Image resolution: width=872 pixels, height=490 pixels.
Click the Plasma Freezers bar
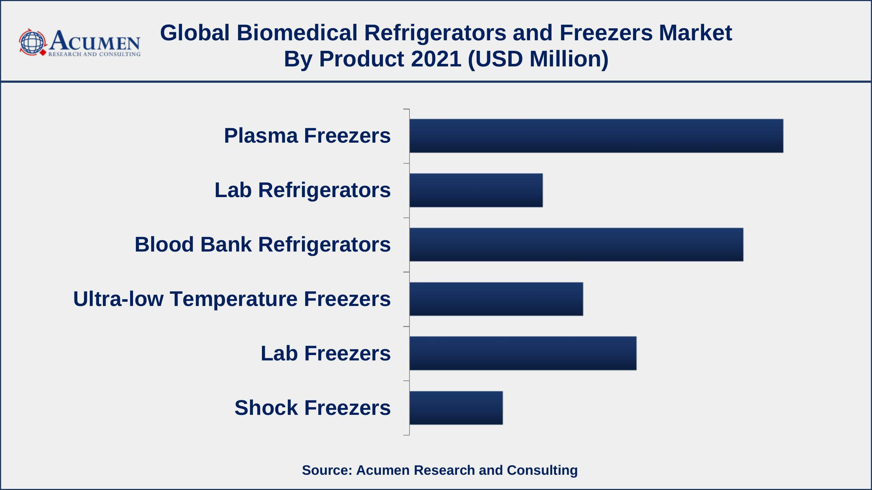[596, 136]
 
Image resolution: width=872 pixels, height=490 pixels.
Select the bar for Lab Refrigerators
[476, 190]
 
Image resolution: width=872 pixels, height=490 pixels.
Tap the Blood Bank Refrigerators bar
[576, 245]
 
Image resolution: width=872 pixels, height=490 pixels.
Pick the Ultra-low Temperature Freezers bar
[496, 299]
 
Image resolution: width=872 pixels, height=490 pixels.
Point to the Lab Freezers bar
[523, 353]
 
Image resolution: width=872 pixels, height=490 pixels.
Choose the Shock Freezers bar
[456, 408]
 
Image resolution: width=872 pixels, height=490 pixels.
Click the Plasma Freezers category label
[307, 136]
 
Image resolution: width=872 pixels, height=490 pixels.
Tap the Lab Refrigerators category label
[303, 190]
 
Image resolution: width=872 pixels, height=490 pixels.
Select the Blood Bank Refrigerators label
[263, 244]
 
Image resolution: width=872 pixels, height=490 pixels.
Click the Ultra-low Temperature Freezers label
[232, 299]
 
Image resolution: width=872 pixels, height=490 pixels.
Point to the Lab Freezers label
[326, 353]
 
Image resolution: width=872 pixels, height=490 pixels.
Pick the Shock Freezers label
[312, 408]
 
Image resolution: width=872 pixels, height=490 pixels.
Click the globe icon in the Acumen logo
[32, 42]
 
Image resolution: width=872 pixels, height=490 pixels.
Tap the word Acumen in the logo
[94, 41]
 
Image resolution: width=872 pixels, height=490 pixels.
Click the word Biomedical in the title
[297, 33]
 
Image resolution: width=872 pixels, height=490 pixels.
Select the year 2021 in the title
[436, 59]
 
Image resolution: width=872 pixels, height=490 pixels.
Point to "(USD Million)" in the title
[538, 59]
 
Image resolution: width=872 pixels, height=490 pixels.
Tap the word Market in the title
[695, 33]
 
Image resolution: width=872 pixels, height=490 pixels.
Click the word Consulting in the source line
[542, 470]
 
